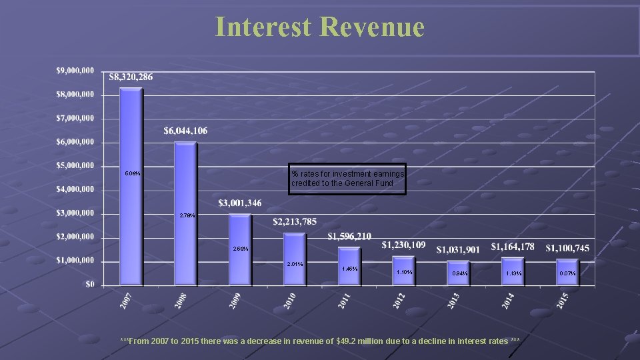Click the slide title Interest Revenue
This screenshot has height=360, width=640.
coord(319,27)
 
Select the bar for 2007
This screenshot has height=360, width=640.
coord(131,187)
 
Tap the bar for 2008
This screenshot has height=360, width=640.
coord(185,213)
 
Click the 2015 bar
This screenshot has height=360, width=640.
coord(567,272)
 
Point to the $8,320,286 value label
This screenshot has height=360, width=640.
coord(131,77)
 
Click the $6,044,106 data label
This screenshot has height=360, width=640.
coord(185,131)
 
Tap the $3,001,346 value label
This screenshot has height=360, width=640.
coord(240,203)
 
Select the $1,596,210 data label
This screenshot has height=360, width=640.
coord(349,237)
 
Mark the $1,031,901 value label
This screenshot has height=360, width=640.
coord(458,250)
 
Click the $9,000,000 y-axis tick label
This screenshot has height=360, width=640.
coord(75,71)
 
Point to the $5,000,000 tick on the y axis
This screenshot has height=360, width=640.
coord(75,166)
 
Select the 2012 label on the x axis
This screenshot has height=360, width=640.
coord(399,301)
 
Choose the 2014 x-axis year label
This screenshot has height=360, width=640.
coord(508,301)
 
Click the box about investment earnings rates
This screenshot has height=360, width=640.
coord(347,179)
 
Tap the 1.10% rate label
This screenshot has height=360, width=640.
coord(404,273)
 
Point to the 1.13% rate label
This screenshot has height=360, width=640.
coord(513,273)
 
